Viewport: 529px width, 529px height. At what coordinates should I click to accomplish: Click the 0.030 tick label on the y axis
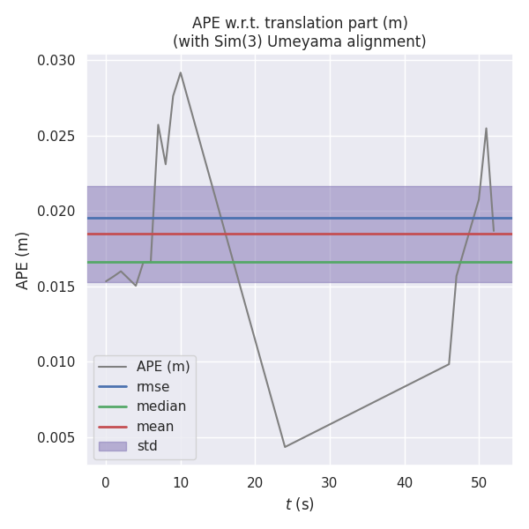click(56, 61)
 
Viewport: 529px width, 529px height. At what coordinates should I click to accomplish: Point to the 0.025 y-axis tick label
click(56, 137)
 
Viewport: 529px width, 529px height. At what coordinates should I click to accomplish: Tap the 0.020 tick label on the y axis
click(56, 212)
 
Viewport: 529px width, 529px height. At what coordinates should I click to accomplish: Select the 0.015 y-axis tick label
click(56, 287)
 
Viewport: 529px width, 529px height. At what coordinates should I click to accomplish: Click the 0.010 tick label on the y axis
click(56, 362)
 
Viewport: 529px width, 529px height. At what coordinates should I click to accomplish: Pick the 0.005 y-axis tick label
click(56, 438)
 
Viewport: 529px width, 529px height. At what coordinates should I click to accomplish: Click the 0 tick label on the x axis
click(106, 482)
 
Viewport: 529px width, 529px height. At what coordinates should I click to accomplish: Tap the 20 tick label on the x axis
click(256, 482)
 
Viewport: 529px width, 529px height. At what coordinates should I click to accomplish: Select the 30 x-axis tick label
click(330, 482)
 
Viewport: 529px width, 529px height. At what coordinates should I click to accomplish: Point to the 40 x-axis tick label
click(405, 482)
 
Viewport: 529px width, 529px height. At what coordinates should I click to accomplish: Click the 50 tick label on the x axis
click(479, 482)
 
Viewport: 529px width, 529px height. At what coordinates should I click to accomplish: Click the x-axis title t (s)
click(300, 504)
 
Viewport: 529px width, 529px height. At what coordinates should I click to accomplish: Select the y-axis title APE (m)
click(23, 260)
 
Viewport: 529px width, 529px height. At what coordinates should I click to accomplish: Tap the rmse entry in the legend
click(153, 386)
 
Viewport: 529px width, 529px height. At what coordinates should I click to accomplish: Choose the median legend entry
click(160, 406)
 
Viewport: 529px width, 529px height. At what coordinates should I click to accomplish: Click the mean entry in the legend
click(154, 426)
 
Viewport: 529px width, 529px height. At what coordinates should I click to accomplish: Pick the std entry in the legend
click(146, 446)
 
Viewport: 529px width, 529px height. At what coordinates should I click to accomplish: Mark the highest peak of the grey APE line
click(181, 72)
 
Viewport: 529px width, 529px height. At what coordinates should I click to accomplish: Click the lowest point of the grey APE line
click(285, 447)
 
